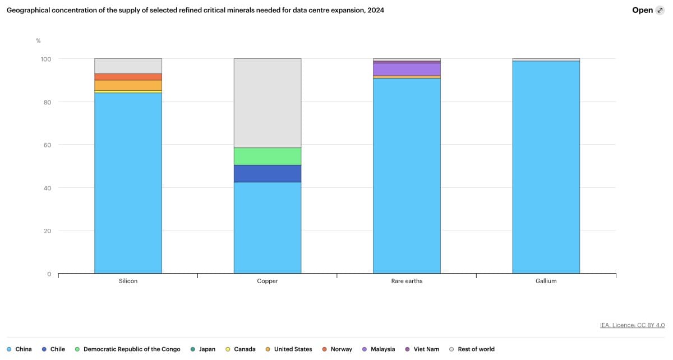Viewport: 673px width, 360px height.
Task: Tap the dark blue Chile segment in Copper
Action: pyautogui.click(x=267, y=173)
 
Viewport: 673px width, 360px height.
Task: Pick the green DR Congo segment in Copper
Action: pyautogui.click(x=267, y=156)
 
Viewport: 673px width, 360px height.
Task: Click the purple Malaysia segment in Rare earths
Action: pyautogui.click(x=407, y=69)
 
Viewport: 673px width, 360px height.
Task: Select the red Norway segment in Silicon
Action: pyautogui.click(x=128, y=77)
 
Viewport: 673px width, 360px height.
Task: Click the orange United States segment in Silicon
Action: pyautogui.click(x=128, y=85)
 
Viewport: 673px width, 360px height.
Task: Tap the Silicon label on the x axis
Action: pyautogui.click(x=128, y=281)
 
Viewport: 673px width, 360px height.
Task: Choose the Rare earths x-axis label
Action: pyautogui.click(x=407, y=281)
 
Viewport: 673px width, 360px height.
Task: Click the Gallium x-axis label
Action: pyautogui.click(x=546, y=281)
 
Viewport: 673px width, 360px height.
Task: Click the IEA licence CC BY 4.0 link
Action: pyautogui.click(x=632, y=325)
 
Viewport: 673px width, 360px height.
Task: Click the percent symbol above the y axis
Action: pyautogui.click(x=38, y=40)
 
